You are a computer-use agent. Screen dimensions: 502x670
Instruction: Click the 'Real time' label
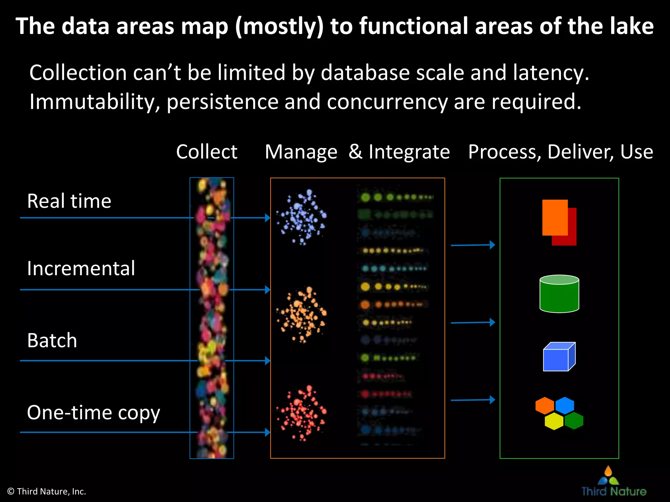69,201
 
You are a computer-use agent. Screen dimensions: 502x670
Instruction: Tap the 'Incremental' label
81,269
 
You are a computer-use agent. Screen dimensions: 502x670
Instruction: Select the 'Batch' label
52,341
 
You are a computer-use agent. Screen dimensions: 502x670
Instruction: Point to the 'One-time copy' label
94,413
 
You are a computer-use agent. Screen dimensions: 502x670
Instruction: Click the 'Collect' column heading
206,152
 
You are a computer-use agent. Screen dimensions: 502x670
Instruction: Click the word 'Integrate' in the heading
409,152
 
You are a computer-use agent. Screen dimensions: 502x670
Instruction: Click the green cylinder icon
559,294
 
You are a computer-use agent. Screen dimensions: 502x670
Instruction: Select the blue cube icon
558,357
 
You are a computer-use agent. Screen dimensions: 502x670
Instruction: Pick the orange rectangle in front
555,217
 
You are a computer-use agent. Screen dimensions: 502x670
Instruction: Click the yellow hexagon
554,421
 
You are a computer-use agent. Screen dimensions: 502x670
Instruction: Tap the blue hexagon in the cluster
565,405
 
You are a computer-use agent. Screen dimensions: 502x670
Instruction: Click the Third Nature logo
613,482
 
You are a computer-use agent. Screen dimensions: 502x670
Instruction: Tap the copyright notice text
46,492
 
